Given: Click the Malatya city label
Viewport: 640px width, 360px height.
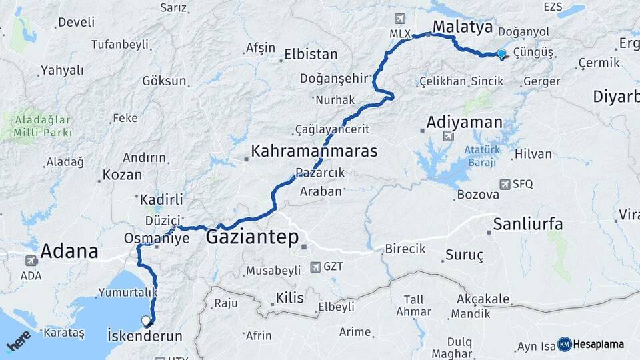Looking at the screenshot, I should [463, 27].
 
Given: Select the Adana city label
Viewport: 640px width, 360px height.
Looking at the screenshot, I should [69, 251].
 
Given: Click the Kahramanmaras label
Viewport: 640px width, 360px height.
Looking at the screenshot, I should [314, 151].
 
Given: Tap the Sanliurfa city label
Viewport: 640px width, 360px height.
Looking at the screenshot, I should [528, 223].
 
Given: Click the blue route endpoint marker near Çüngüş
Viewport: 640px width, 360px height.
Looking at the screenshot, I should [501, 55].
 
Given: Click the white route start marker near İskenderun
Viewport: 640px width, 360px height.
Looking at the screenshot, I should [147, 321].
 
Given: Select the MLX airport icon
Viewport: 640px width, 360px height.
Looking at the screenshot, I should [400, 19].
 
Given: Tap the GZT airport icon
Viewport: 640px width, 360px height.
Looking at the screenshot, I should [315, 267].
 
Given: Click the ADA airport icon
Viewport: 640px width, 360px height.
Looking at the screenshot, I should [31, 261].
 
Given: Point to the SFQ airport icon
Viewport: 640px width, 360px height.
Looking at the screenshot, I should [503, 184].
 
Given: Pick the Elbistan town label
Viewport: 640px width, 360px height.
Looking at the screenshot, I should [311, 55].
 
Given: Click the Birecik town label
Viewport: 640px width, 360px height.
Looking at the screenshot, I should [405, 249].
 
